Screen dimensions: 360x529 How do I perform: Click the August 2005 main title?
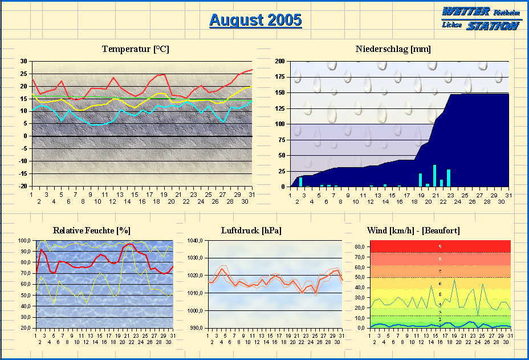click(255, 21)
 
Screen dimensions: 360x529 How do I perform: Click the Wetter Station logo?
click(480, 18)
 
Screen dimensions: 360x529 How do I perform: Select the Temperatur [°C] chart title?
click(136, 49)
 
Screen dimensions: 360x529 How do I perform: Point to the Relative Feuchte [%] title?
click(91, 230)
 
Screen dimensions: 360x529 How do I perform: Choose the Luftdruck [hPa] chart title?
click(251, 230)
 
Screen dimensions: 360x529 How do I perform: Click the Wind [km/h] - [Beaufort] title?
click(414, 230)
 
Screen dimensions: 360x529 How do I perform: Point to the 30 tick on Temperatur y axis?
click(23, 62)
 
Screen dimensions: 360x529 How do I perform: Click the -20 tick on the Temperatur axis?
click(22, 186)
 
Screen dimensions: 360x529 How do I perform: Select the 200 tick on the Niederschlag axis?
click(279, 62)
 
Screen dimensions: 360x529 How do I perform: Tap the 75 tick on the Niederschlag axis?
click(281, 140)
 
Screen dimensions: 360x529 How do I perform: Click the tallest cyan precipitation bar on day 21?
click(434, 176)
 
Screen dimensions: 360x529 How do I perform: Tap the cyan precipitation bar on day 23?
click(449, 178)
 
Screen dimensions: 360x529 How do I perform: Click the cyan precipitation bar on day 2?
click(301, 182)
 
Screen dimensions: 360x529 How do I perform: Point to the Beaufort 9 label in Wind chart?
click(440, 246)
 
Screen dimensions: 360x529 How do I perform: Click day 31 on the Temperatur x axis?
click(251, 194)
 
